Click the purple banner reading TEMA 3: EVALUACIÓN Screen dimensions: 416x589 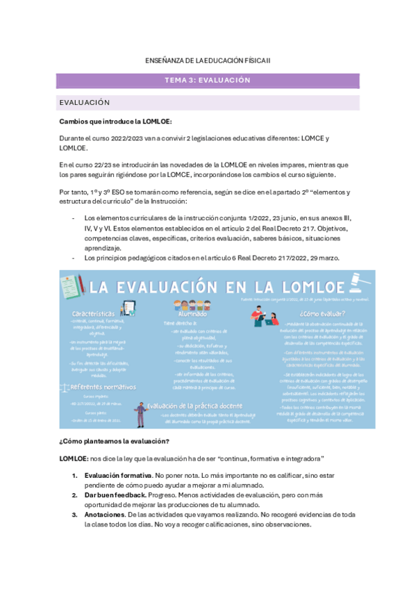tap(207, 81)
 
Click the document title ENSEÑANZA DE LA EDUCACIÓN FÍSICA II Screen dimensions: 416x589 tap(208, 61)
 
